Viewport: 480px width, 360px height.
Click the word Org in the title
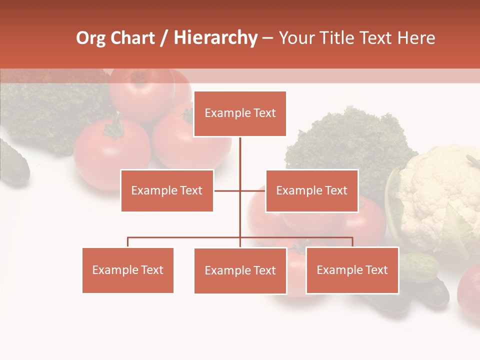pyautogui.click(x=91, y=38)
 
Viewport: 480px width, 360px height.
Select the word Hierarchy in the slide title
pyautogui.click(x=215, y=38)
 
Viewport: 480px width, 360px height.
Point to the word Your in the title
pyautogui.click(x=296, y=38)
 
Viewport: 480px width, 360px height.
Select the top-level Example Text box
pyautogui.click(x=240, y=113)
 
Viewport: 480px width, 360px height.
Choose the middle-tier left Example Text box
pyautogui.click(x=167, y=190)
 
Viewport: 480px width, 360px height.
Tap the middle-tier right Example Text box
pyautogui.click(x=311, y=190)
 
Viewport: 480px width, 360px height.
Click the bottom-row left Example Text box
pyautogui.click(x=128, y=270)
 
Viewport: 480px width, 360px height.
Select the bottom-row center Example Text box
pyautogui.click(x=240, y=270)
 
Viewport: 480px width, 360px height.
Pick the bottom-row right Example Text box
pyautogui.click(x=352, y=270)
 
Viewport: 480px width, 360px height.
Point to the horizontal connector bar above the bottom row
pyautogui.click(x=185, y=237)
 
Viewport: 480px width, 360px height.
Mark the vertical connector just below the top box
pyautogui.click(x=240, y=152)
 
